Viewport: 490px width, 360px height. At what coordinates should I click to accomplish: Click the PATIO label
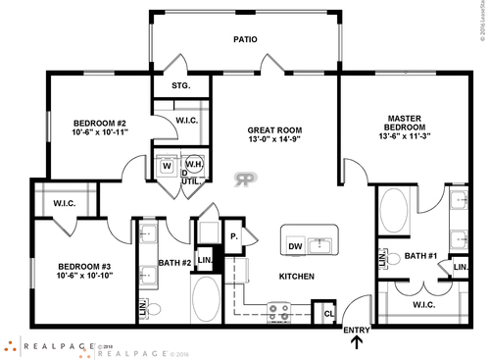[244, 42]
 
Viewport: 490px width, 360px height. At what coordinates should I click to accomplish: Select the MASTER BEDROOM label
[404, 124]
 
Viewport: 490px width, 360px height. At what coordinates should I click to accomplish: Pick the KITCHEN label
[297, 278]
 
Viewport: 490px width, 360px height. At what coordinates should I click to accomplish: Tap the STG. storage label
[180, 86]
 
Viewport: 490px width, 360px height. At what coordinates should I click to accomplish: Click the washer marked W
[167, 165]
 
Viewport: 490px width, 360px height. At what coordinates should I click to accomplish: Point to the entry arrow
[355, 343]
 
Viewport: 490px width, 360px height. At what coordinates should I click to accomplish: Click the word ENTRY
[357, 330]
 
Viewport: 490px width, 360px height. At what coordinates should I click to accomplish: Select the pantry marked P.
[235, 236]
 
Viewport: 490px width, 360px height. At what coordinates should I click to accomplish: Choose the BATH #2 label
[174, 262]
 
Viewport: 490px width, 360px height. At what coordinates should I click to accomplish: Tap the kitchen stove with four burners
[278, 312]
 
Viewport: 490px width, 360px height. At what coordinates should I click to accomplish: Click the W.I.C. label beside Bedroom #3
[66, 204]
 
